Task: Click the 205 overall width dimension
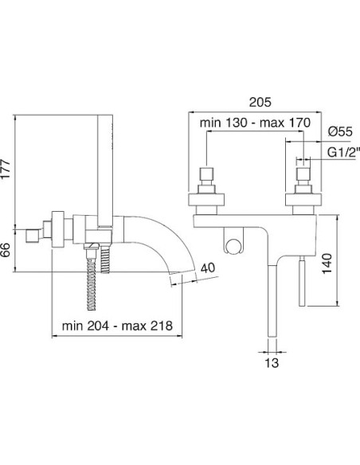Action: pos(260,102)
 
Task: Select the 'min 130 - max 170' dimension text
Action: pos(255,123)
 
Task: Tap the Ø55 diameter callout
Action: pos(340,131)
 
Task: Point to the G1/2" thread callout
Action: pos(343,152)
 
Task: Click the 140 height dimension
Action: pos(327,264)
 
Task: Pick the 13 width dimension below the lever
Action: pos(272,362)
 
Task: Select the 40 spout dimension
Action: pos(208,268)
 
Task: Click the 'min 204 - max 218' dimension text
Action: pos(117,326)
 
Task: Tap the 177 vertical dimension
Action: pos(6,169)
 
